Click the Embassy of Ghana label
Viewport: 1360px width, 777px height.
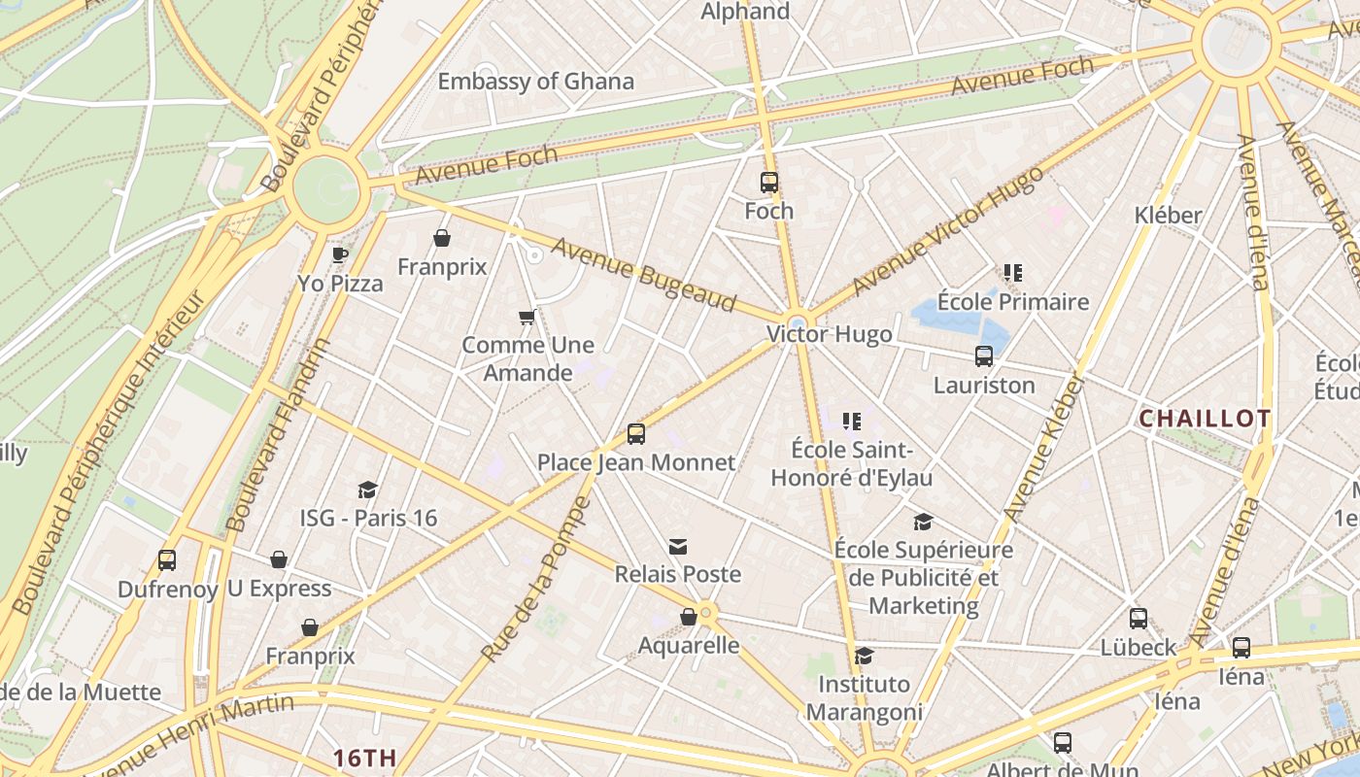[535, 82]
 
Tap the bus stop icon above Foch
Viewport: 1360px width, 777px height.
[769, 182]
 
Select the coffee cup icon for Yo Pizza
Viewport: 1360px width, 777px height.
[339, 255]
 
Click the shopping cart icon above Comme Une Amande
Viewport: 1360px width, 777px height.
[527, 317]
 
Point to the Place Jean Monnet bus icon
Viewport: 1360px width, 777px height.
[636, 433]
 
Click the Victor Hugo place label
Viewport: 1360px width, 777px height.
[829, 335]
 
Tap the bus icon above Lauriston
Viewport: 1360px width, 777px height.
[984, 356]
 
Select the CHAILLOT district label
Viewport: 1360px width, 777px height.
[1205, 419]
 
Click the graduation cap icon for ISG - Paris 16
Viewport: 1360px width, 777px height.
[367, 490]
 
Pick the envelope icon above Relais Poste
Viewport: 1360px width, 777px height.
[678, 547]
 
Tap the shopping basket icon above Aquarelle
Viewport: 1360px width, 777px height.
[689, 617]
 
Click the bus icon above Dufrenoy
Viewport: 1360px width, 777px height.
[167, 560]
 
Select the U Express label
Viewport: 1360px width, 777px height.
[279, 589]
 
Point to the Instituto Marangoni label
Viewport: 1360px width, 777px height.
[864, 697]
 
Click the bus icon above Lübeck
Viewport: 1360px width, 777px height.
[1139, 619]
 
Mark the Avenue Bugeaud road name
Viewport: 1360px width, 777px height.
[643, 273]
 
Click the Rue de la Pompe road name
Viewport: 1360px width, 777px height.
[535, 580]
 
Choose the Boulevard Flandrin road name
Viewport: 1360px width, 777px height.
[278, 435]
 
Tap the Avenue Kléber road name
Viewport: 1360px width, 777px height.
[1043, 448]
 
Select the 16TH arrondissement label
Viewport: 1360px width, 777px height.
[364, 758]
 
